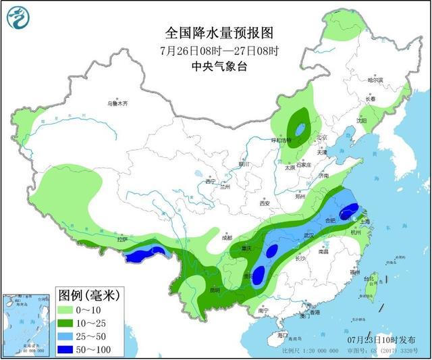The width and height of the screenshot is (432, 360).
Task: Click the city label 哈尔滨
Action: tap(375, 80)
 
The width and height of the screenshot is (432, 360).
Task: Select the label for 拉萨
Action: tap(122, 239)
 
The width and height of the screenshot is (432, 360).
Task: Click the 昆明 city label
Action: tap(215, 290)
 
